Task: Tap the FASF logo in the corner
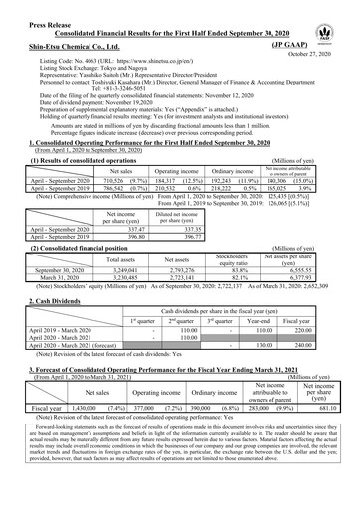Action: point(342,16)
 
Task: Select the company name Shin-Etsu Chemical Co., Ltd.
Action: point(63,45)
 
